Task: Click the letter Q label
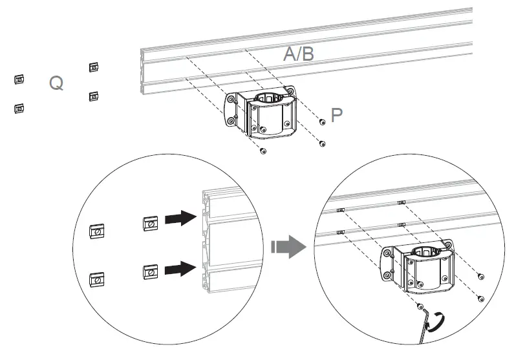pyautogui.click(x=56, y=83)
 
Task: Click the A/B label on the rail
pyautogui.click(x=299, y=54)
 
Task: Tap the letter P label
pyautogui.click(x=337, y=115)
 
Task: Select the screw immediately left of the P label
pyautogui.click(x=322, y=121)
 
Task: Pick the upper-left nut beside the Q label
pyautogui.click(x=19, y=79)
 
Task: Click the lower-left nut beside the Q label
pyautogui.click(x=19, y=108)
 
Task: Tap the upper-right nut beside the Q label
pyautogui.click(x=94, y=67)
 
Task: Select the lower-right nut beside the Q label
pyautogui.click(x=94, y=96)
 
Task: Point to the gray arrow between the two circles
pyautogui.click(x=287, y=246)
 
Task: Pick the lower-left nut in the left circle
pyautogui.click(x=97, y=279)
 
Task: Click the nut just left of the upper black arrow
pyautogui.click(x=149, y=224)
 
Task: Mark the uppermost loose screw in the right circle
pyautogui.click(x=480, y=277)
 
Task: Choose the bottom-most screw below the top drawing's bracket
pyautogui.click(x=262, y=151)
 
